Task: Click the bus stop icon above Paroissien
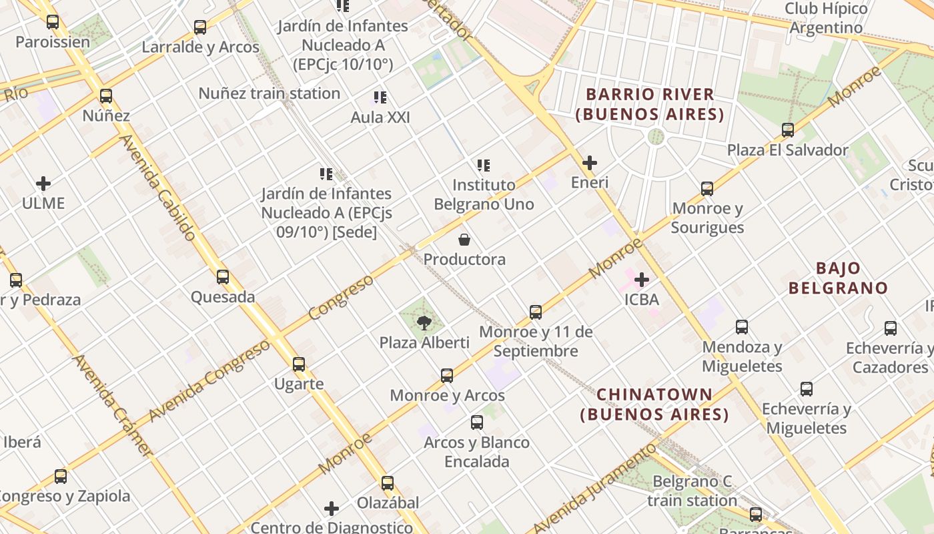click(x=53, y=22)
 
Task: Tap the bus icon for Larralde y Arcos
click(x=200, y=27)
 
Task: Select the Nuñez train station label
click(x=269, y=93)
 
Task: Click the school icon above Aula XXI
click(x=380, y=98)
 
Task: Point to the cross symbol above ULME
click(x=43, y=183)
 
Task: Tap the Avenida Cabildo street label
click(x=157, y=188)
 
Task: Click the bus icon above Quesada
click(x=223, y=276)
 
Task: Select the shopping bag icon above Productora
click(x=464, y=240)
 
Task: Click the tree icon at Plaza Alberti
click(x=423, y=324)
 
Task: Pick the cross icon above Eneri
click(x=590, y=163)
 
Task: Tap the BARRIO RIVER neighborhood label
click(x=650, y=104)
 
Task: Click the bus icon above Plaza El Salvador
click(x=788, y=129)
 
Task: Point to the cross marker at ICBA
click(x=642, y=280)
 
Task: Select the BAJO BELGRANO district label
click(x=838, y=278)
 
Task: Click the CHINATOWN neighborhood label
click(x=654, y=405)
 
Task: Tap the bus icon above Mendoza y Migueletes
click(x=742, y=327)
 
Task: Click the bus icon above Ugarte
click(x=299, y=364)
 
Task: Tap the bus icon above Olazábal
click(x=388, y=483)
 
